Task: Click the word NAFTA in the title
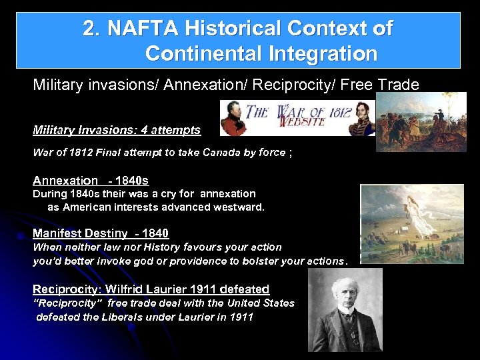pyautogui.click(x=141, y=29)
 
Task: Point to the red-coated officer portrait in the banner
pyautogui.click(x=233, y=117)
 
